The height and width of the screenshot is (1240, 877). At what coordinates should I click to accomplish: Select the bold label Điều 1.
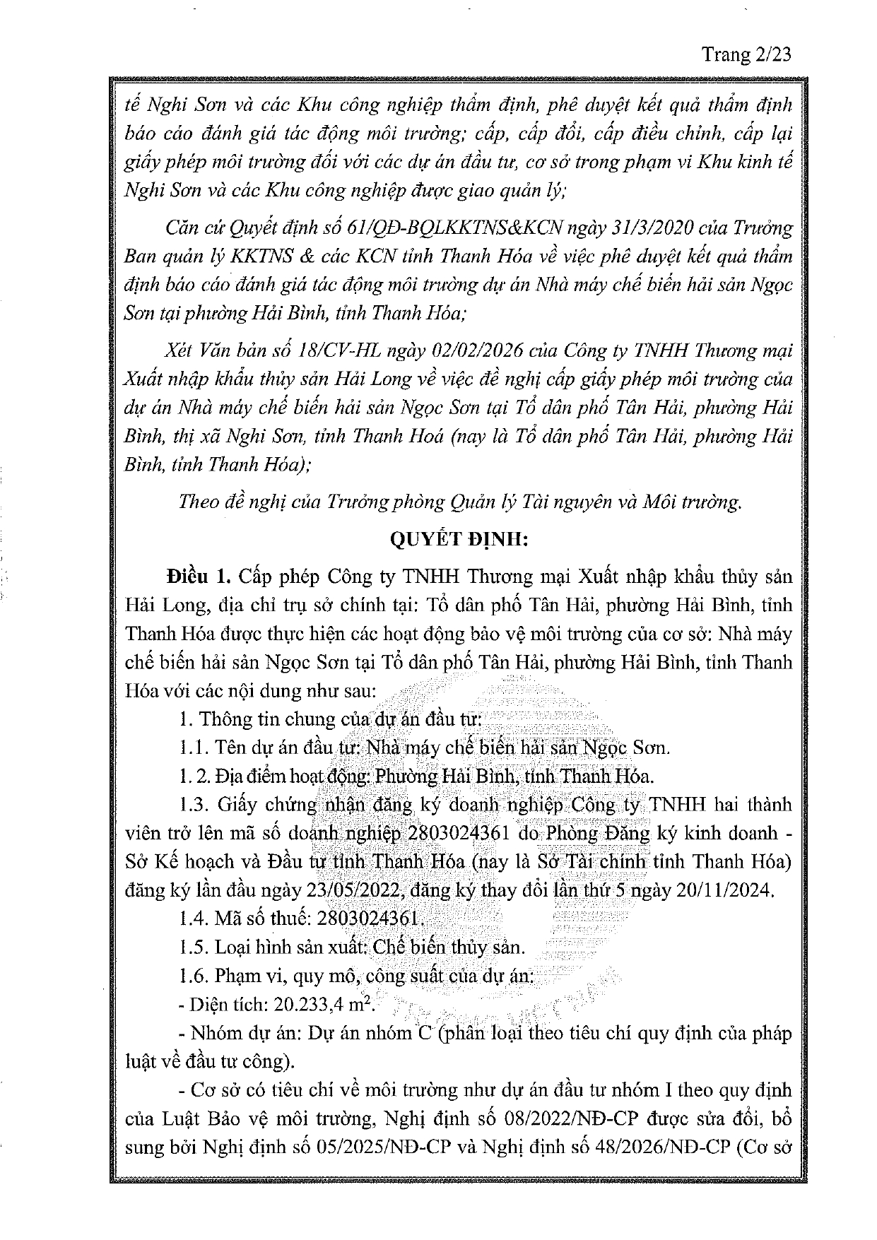199,577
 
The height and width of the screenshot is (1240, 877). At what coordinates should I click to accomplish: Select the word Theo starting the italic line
199,502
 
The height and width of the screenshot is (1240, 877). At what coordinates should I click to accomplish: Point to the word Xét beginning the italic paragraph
181,350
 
